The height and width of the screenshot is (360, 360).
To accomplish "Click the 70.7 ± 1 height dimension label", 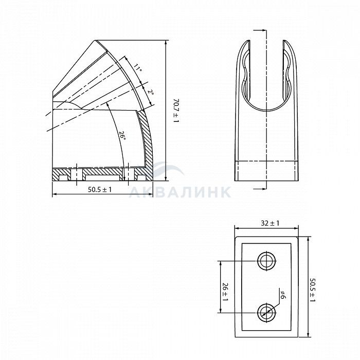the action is point(176,111).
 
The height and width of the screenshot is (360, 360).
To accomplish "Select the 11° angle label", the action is point(137,68).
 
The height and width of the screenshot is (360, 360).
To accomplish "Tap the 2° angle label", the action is point(151,92).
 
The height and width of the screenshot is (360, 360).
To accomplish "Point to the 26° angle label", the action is point(122,136).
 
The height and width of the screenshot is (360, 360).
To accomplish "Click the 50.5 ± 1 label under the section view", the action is point(100,190).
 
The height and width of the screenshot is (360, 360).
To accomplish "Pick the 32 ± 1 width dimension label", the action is point(270,223).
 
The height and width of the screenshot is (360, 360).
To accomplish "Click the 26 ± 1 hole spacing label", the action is point(225,292).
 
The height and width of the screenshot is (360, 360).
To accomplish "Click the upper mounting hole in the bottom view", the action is point(266,261).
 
